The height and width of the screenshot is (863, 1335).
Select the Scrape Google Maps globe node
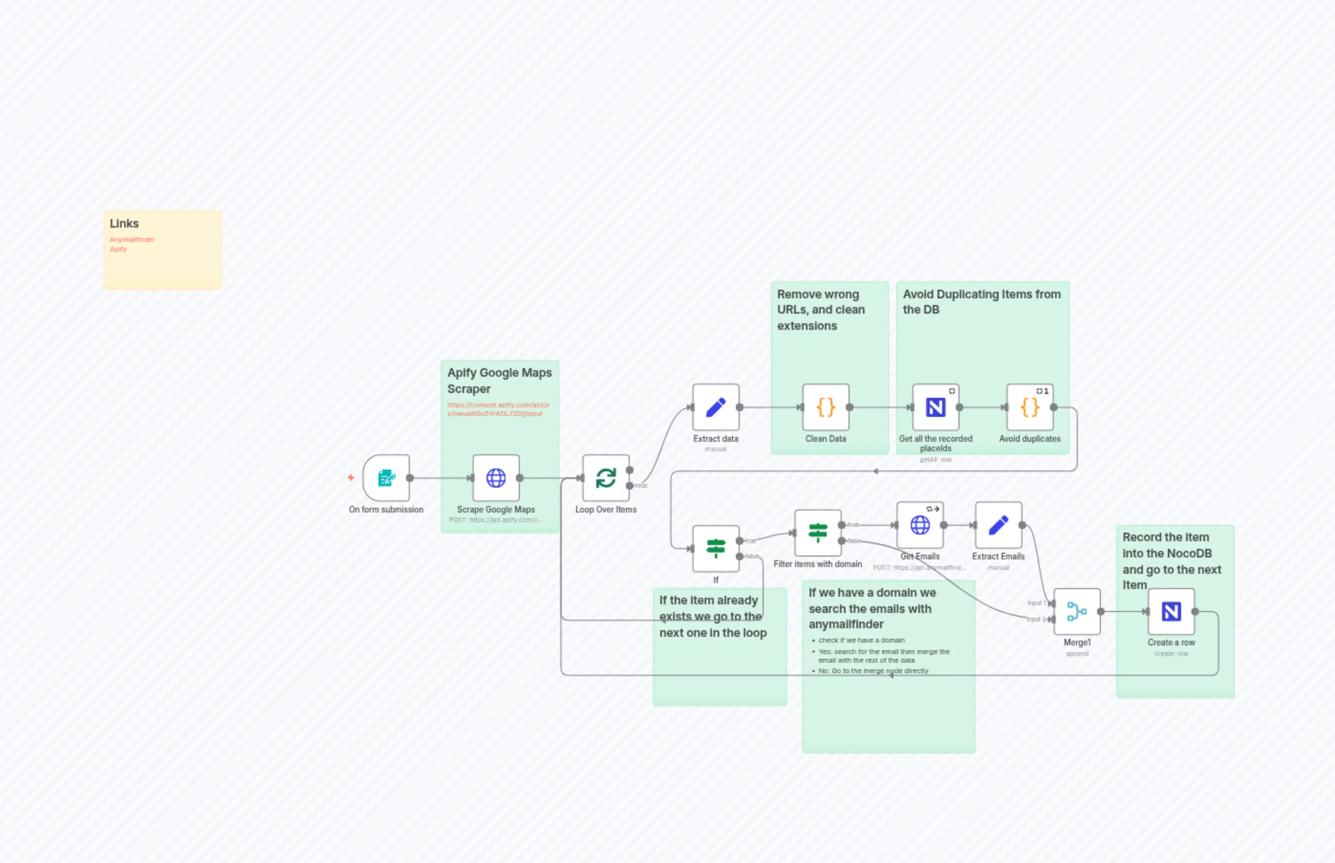[495, 478]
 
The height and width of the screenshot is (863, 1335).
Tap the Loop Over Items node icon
[605, 478]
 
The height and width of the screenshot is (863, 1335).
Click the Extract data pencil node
[715, 407]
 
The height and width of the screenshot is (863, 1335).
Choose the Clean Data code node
[825, 407]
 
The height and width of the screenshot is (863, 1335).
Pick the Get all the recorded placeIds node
[935, 407]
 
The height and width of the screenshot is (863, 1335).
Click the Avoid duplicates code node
[1029, 407]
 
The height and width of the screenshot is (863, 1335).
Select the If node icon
[715, 548]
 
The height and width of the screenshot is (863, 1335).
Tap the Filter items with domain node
[818, 533]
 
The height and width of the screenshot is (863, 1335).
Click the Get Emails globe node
[919, 525]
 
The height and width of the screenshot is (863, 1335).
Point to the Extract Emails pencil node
[998, 525]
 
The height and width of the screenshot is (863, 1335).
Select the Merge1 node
[1077, 612]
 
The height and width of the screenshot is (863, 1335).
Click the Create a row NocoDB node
[1171, 612]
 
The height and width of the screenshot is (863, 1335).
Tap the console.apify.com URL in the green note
[497, 409]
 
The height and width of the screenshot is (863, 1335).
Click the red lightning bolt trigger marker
[351, 478]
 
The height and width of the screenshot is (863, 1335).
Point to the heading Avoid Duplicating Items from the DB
[981, 302]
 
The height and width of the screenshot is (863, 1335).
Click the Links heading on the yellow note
[124, 224]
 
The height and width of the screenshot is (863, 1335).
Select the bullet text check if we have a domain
[861, 640]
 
